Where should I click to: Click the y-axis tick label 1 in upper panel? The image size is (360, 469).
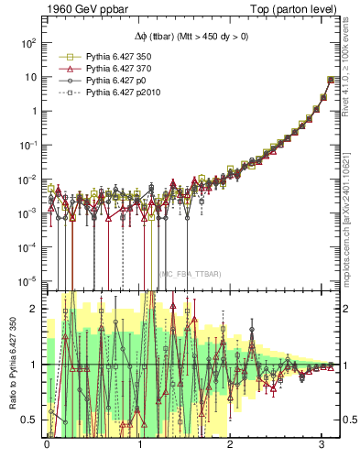pyautogui.click(x=32, y=111)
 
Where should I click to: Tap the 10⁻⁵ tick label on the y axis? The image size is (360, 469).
pyautogui.click(x=26, y=280)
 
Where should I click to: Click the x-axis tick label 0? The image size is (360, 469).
pyautogui.click(x=47, y=444)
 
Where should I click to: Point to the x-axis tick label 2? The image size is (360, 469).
pyautogui.click(x=231, y=444)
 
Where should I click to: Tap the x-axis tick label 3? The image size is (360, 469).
pyautogui.click(x=322, y=444)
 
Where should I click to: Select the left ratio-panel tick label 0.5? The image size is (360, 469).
pyautogui.click(x=27, y=420)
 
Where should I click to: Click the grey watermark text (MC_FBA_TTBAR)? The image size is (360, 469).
pyautogui.click(x=190, y=275)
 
